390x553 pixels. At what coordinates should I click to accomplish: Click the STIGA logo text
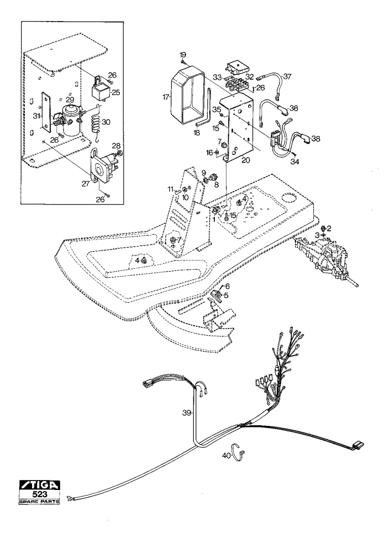click(x=39, y=485)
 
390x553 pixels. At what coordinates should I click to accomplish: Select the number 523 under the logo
click(x=39, y=494)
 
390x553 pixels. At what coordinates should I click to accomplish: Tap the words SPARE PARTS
click(x=39, y=501)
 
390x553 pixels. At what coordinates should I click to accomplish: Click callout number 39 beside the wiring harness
click(x=187, y=413)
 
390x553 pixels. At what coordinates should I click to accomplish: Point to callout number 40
click(x=226, y=456)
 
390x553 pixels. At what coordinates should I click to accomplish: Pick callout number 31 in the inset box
click(x=35, y=115)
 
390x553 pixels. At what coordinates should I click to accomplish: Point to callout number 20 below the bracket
click(x=246, y=160)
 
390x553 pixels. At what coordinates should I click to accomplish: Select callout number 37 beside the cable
click(x=287, y=76)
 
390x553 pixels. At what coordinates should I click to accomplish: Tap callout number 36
click(x=293, y=108)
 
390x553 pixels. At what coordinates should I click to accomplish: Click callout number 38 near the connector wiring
click(x=315, y=139)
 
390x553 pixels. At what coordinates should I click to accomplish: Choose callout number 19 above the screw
click(x=182, y=55)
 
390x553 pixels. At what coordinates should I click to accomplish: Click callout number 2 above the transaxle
click(x=329, y=228)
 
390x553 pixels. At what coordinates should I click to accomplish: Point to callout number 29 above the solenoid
click(x=70, y=100)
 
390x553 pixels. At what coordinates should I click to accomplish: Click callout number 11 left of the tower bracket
click(x=171, y=189)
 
